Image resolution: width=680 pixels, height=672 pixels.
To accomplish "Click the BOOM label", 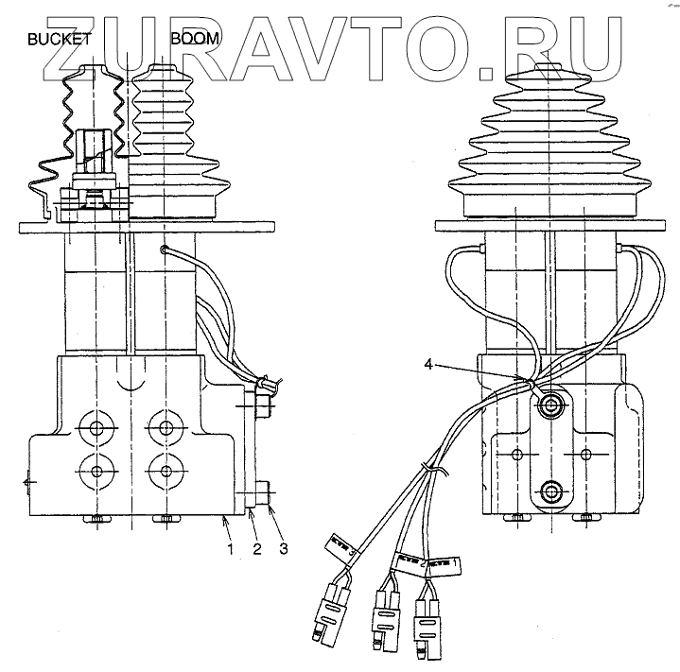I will click(x=195, y=40).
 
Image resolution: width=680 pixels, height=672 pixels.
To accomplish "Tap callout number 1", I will click(x=227, y=547).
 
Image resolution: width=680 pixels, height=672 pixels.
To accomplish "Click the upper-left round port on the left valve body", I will click(x=96, y=428).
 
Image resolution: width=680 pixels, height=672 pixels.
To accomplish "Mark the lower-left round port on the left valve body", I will click(x=96, y=470).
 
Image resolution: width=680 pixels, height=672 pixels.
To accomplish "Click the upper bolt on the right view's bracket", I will click(x=549, y=405).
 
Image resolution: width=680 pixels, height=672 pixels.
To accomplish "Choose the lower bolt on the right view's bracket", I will click(x=549, y=491).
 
